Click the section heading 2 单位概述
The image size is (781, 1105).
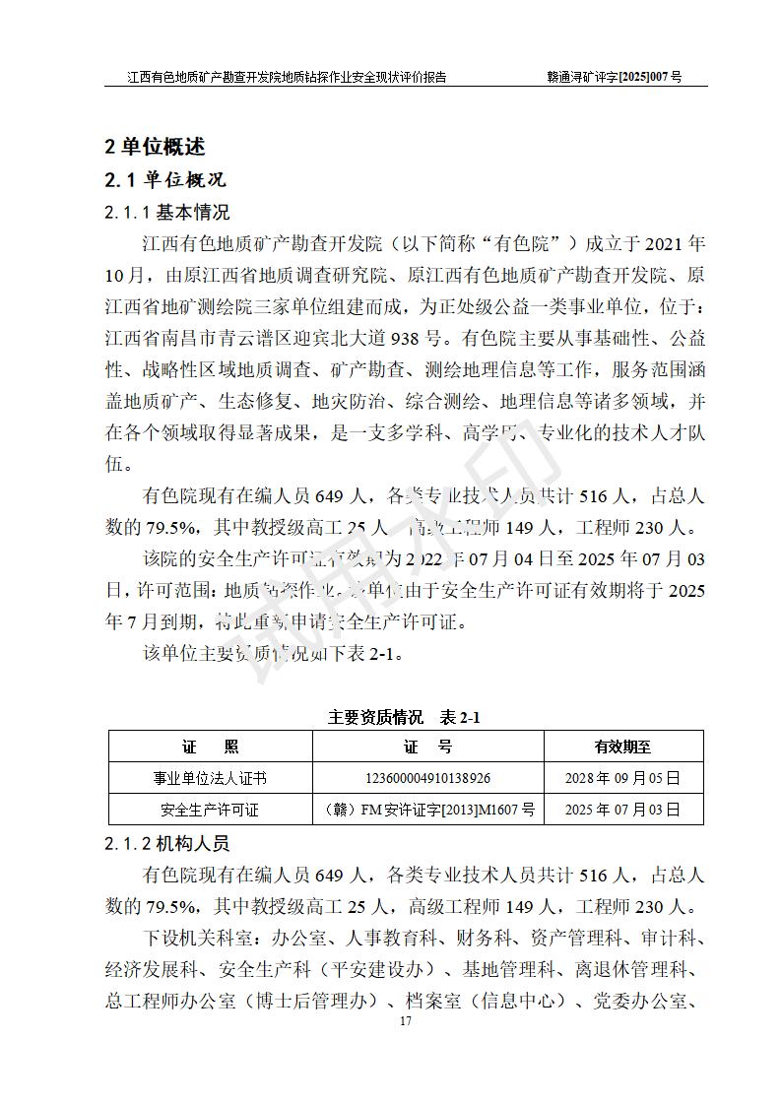click(156, 147)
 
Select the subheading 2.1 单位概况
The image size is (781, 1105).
click(165, 179)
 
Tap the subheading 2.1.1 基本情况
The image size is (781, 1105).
click(167, 212)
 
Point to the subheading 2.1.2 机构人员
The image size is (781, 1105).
click(167, 844)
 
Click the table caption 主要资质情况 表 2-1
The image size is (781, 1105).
click(404, 717)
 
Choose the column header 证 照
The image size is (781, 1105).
click(210, 747)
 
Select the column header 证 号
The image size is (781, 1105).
click(428, 747)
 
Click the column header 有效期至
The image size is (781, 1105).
click(622, 747)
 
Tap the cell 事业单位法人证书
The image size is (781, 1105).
click(210, 778)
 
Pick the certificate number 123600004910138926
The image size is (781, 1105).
click(428, 778)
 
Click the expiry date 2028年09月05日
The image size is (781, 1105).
click(622, 778)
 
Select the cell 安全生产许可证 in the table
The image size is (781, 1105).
click(210, 810)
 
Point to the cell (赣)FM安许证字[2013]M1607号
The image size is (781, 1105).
click(428, 810)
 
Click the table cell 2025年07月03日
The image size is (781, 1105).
click(622, 810)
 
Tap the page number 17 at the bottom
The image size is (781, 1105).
click(405, 1020)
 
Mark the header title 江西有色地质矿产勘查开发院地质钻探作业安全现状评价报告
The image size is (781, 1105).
click(287, 76)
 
